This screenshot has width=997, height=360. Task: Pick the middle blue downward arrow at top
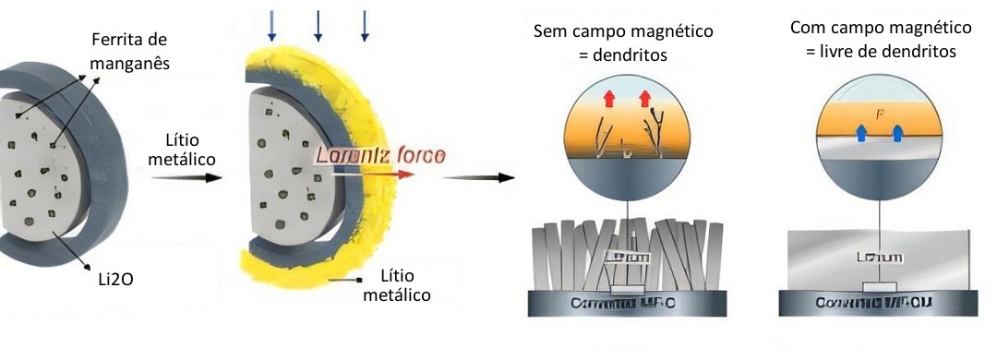[318, 26]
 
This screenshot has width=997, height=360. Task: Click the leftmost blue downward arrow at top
[272, 26]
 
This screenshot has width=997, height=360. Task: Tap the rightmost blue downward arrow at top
[364, 26]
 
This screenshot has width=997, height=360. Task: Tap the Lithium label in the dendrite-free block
[879, 258]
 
